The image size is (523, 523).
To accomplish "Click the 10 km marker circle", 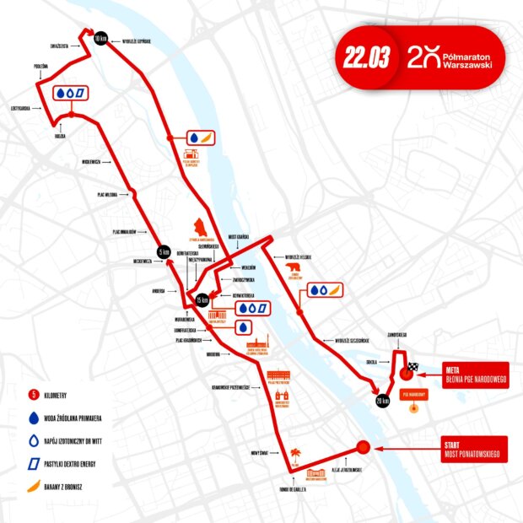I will point(100,39).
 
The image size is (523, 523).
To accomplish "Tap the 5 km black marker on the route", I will point(164,251).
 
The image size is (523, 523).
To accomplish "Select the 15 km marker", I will point(202,300).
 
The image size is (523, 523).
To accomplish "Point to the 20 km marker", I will point(381,401).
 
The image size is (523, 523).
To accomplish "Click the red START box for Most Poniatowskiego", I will point(472,448).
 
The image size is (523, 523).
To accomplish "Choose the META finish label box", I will point(472,374).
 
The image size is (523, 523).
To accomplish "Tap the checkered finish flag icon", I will point(413,368).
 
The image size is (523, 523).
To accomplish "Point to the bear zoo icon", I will point(294,271).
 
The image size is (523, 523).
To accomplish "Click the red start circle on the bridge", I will point(363,448).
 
